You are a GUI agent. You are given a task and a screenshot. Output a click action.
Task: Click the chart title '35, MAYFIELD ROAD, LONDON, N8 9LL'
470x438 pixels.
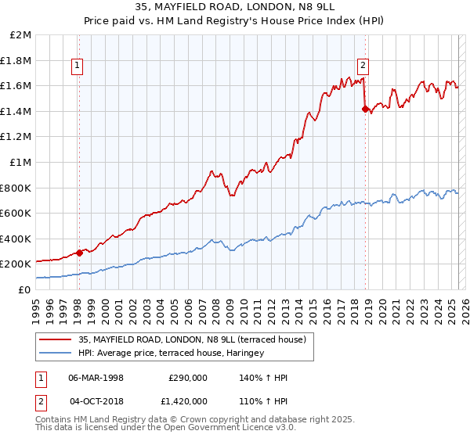tap(234, 9)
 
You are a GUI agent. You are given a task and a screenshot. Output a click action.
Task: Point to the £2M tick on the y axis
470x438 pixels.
tap(22, 35)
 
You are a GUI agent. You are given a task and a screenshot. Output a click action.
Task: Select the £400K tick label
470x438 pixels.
tap(17, 239)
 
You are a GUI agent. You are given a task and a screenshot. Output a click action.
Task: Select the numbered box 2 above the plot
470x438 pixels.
tap(364, 66)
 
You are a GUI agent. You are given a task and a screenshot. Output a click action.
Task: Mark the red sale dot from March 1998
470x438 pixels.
tap(79, 253)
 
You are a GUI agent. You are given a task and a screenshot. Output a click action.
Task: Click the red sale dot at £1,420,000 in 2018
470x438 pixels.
tap(365, 109)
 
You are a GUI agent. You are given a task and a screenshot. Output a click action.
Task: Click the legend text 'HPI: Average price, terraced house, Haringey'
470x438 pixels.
tap(171, 353)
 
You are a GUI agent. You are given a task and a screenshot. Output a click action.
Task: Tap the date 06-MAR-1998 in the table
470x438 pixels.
tap(96, 377)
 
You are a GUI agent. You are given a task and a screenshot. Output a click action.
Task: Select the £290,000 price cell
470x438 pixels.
tap(188, 377)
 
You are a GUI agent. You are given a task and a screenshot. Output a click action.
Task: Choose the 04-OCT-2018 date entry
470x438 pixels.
tap(96, 401)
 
